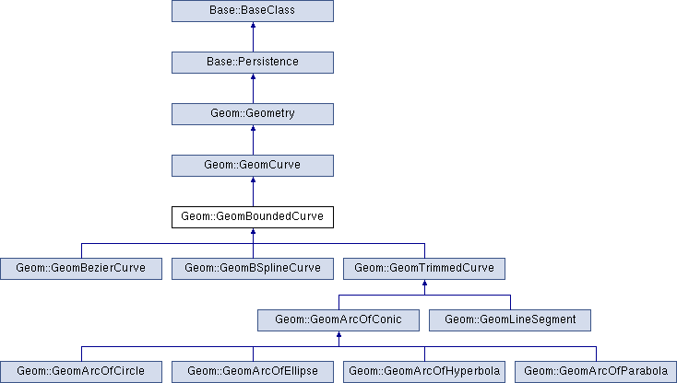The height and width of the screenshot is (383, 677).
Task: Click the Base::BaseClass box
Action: pyautogui.click(x=253, y=11)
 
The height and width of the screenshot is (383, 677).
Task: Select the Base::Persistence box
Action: pyautogui.click(x=253, y=63)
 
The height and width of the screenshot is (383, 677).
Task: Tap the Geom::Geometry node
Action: pyautogui.click(x=253, y=114)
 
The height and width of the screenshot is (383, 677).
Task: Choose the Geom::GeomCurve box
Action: pyautogui.click(x=253, y=166)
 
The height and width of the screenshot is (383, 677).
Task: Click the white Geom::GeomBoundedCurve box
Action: pyautogui.click(x=253, y=217)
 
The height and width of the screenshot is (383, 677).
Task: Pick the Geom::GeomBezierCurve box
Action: pyautogui.click(x=81, y=269)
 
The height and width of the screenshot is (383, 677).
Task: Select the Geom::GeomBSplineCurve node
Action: pyautogui.click(x=253, y=269)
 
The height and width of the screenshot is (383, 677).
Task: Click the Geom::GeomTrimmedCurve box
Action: pyautogui.click(x=424, y=269)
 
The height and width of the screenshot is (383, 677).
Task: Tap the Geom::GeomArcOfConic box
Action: pyautogui.click(x=338, y=320)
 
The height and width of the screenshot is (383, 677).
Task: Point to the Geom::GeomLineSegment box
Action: pyautogui.click(x=510, y=320)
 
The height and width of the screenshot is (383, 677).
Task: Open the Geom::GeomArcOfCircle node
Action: pyautogui.click(x=81, y=372)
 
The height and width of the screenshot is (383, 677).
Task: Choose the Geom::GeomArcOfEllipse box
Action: pyautogui.click(x=253, y=372)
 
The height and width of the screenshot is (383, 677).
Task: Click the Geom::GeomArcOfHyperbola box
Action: pyautogui.click(x=424, y=372)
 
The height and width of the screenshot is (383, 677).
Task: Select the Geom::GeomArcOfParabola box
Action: pyautogui.click(x=596, y=372)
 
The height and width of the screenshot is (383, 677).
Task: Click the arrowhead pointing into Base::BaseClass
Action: pyautogui.click(x=253, y=25)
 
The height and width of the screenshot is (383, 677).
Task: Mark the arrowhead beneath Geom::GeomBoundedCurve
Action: pyautogui.click(x=253, y=231)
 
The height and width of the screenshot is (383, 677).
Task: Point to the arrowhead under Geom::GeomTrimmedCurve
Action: pyautogui.click(x=424, y=283)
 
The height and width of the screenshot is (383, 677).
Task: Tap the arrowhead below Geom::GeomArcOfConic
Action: pyautogui.click(x=338, y=334)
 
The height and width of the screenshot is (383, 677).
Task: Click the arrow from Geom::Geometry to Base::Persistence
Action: pyautogui.click(x=253, y=88)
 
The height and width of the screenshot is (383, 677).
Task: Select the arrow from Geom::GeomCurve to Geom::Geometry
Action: pyautogui.click(x=253, y=140)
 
